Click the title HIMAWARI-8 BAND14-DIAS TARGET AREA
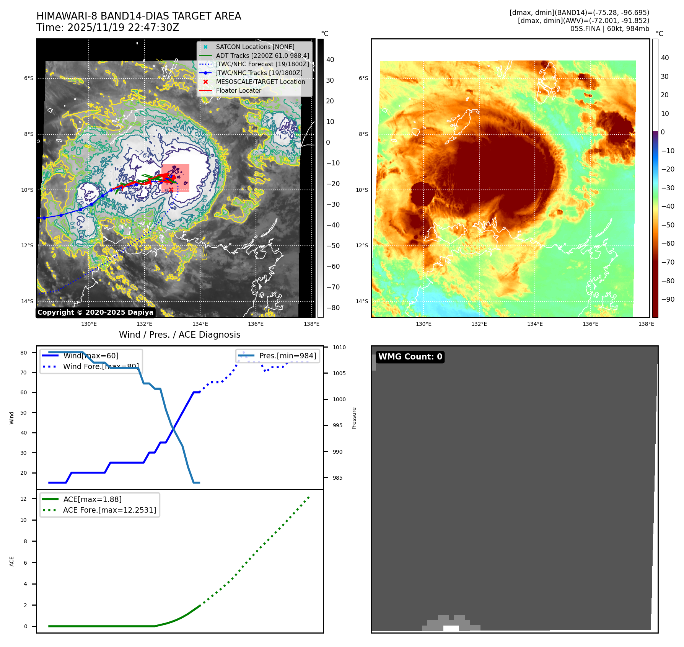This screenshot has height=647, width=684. tap(138, 16)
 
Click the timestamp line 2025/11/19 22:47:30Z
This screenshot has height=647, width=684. tap(107, 28)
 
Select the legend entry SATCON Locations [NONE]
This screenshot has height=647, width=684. tap(255, 47)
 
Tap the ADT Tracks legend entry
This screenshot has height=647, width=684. tap(262, 56)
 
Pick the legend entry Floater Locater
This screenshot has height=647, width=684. tap(238, 91)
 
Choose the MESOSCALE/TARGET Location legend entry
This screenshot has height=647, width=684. tap(260, 82)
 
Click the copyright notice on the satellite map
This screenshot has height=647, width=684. tap(95, 312)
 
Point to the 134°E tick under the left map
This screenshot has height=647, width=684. tap(200, 324)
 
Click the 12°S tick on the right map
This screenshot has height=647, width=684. tap(362, 246)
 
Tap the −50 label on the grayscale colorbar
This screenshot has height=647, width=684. tap(333, 246)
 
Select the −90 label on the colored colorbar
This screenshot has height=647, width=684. tap(668, 299)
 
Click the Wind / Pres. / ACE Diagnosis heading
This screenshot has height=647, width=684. tap(179, 335)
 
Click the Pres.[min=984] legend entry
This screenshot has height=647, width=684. tap(287, 356)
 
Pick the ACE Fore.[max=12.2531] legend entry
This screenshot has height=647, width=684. tap(109, 510)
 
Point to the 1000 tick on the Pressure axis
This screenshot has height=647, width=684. tap(339, 399)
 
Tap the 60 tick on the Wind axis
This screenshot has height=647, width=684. tap(24, 392)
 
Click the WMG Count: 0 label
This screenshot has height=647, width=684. tap(410, 357)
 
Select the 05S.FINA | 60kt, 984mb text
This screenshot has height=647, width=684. tap(609, 29)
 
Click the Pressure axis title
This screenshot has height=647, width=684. tap(354, 418)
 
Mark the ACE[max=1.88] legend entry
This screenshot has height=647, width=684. tap(92, 499)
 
